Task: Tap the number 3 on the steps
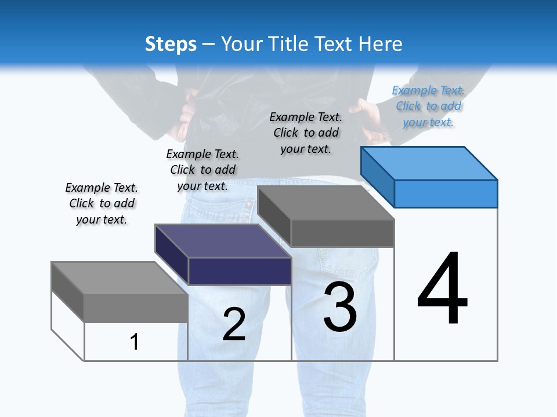(340, 306)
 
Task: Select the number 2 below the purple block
(234, 324)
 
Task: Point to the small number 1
(135, 342)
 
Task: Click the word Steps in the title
(171, 44)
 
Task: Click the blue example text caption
(428, 106)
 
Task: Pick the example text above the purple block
(202, 170)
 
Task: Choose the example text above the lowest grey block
(102, 203)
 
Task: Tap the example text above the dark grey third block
(306, 133)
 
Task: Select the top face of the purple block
(223, 241)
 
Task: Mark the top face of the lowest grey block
(120, 278)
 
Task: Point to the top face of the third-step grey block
(325, 203)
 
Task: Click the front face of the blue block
(446, 193)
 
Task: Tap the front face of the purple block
(240, 271)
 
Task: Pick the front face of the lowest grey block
(136, 308)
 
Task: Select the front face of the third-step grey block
(342, 233)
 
